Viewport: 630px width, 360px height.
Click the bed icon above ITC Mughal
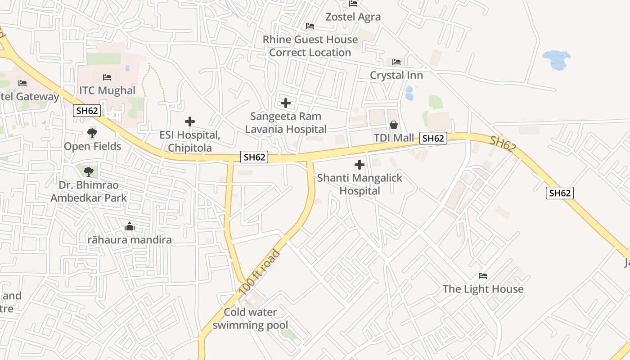coord(107,77)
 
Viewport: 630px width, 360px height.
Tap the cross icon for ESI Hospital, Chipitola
coord(190,121)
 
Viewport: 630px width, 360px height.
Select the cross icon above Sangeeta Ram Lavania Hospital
coord(285,103)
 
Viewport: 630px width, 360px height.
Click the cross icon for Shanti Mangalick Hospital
coord(360,165)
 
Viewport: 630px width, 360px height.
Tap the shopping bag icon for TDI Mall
coord(394,125)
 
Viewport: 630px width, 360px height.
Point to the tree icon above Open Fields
coord(92,133)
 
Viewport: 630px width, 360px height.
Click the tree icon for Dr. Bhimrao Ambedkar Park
coord(88,171)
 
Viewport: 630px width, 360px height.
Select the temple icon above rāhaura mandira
coord(130,226)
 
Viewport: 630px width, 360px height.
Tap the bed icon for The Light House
coord(483,275)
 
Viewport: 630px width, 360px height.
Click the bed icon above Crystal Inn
coord(396,62)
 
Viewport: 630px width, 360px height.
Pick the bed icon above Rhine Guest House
coord(310,26)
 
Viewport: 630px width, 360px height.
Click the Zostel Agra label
coord(353,17)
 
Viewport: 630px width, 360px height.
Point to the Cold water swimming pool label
coord(250,319)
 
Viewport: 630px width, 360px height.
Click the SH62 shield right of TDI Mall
coord(433,138)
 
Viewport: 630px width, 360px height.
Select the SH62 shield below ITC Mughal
coord(87,111)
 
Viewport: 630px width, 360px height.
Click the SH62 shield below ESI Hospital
coord(254,157)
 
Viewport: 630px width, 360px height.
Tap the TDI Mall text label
coord(394,138)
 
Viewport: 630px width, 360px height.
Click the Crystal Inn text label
coord(396,75)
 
